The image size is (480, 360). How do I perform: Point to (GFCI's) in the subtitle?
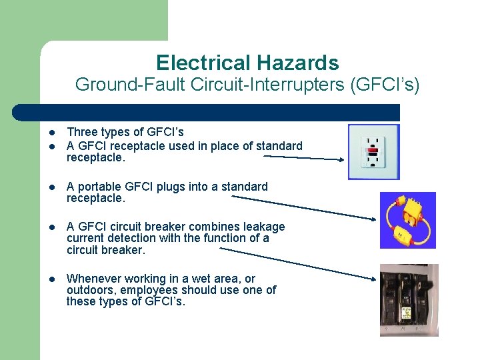point(385,85)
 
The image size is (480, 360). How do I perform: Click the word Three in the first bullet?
point(81,133)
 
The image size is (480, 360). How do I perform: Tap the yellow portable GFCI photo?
point(407,220)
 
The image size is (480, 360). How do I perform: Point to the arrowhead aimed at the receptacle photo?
point(341,160)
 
